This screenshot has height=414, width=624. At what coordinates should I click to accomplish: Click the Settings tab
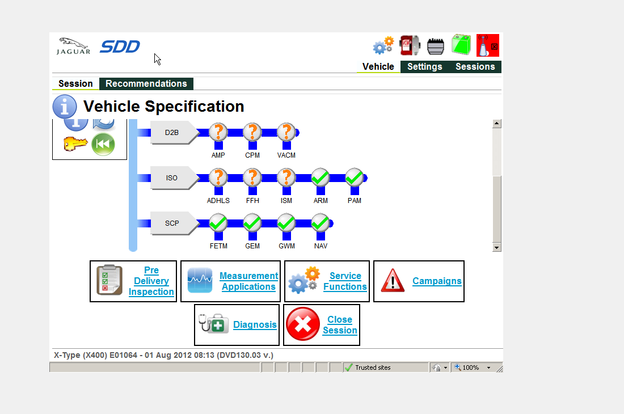424,67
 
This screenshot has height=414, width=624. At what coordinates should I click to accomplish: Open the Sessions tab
475,67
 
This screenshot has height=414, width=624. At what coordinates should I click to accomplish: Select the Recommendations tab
146,84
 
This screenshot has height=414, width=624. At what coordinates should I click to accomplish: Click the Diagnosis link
255,325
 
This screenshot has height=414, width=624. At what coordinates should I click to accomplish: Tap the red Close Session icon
303,324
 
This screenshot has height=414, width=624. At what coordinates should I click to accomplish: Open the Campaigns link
437,281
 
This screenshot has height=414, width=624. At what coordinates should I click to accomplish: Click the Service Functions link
345,281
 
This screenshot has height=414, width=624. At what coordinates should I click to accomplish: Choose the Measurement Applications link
248,281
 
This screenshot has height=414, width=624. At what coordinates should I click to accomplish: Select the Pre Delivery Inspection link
151,281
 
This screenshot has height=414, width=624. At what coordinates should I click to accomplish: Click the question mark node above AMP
218,132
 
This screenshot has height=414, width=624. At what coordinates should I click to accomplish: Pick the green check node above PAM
355,178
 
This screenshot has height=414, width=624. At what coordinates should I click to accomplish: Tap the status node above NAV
321,223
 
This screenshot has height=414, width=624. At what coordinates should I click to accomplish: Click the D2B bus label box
172,133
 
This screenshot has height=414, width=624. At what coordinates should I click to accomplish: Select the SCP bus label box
172,223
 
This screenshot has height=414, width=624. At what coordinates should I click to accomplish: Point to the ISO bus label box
172,178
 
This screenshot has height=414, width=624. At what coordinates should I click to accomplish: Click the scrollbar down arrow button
497,247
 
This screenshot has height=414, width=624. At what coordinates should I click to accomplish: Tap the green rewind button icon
103,144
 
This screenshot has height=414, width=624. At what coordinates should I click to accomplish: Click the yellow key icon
75,144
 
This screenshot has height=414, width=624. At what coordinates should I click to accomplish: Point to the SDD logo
120,47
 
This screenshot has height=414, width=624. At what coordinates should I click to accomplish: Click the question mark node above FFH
252,178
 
